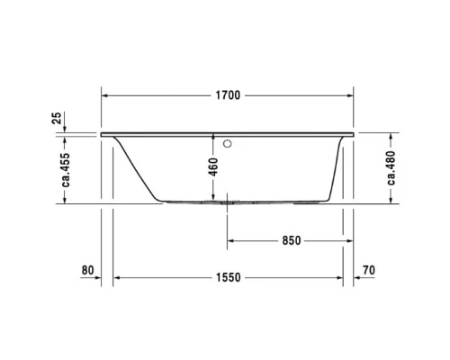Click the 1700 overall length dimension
pos(227,95)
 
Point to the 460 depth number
pos(213,167)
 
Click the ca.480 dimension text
pos(391,166)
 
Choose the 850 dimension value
pos(289,241)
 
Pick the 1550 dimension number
pos(228,278)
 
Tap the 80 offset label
pos(87,270)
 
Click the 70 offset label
pos(368,270)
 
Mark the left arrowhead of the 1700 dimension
pos(104,95)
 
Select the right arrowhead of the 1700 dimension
pos(350,95)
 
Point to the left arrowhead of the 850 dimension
pos(231,241)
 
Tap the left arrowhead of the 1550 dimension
pos(116,278)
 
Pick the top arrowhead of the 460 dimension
pos(213,138)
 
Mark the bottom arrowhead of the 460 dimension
pos(213,199)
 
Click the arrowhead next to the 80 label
pos(106,278)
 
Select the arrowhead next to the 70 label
pos(355,278)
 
